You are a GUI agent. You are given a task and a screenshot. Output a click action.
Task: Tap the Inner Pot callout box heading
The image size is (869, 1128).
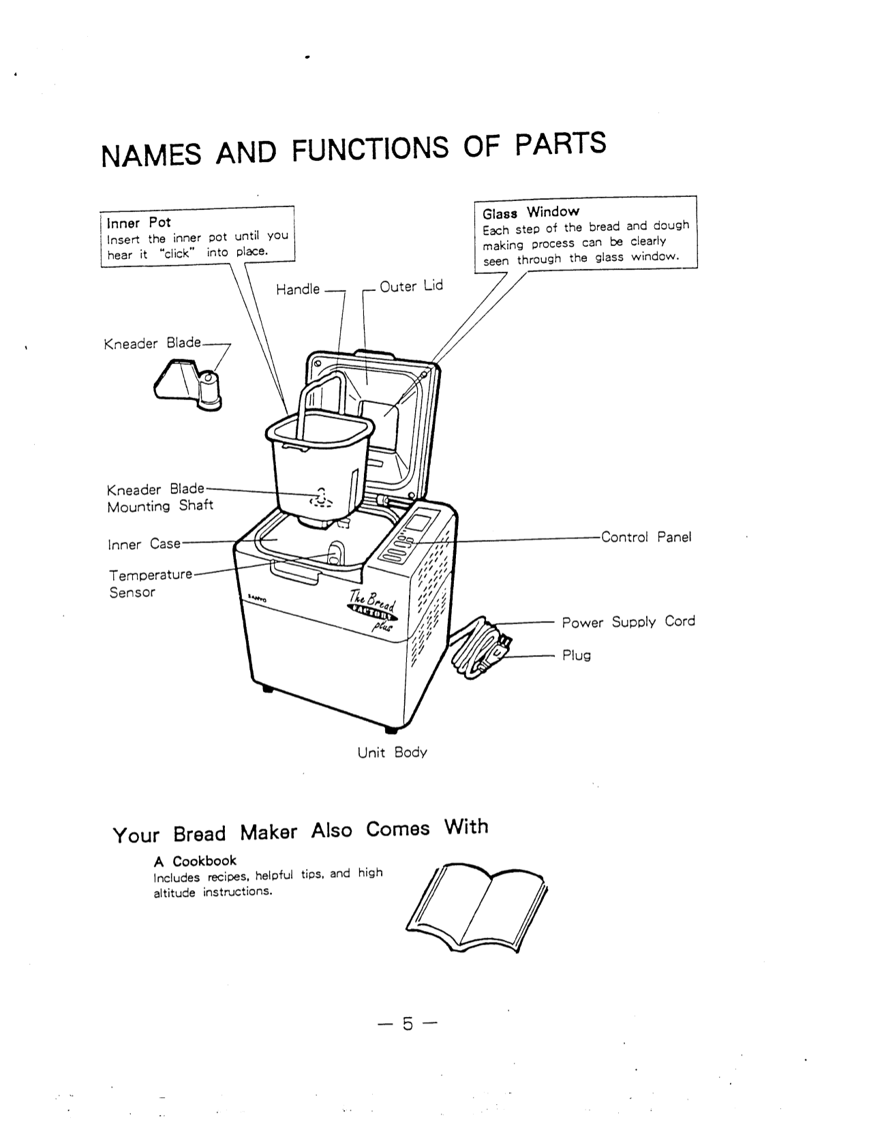point(139,223)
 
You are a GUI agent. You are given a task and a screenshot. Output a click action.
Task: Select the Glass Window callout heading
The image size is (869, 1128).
point(530,212)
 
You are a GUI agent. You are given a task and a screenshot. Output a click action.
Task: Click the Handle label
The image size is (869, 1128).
point(297,290)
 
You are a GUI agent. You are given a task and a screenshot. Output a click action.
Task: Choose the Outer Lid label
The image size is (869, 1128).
point(411,286)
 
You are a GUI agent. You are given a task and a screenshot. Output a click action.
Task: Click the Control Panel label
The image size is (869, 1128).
point(645,537)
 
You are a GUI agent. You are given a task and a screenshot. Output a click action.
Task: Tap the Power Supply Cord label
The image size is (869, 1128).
point(628,622)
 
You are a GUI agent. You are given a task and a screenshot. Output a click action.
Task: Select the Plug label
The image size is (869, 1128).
point(576,656)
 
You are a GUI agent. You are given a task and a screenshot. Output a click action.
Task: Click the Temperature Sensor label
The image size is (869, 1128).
point(150,583)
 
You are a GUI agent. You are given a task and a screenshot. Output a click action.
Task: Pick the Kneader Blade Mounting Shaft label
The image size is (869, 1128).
point(159,498)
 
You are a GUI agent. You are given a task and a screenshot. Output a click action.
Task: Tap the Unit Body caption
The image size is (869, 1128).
point(392,752)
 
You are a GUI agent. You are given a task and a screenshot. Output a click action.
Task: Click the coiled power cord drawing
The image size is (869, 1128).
point(481,647)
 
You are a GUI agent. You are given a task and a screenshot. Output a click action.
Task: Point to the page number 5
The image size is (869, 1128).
point(407,1024)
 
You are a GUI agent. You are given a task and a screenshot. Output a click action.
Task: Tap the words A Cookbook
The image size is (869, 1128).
point(195,861)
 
